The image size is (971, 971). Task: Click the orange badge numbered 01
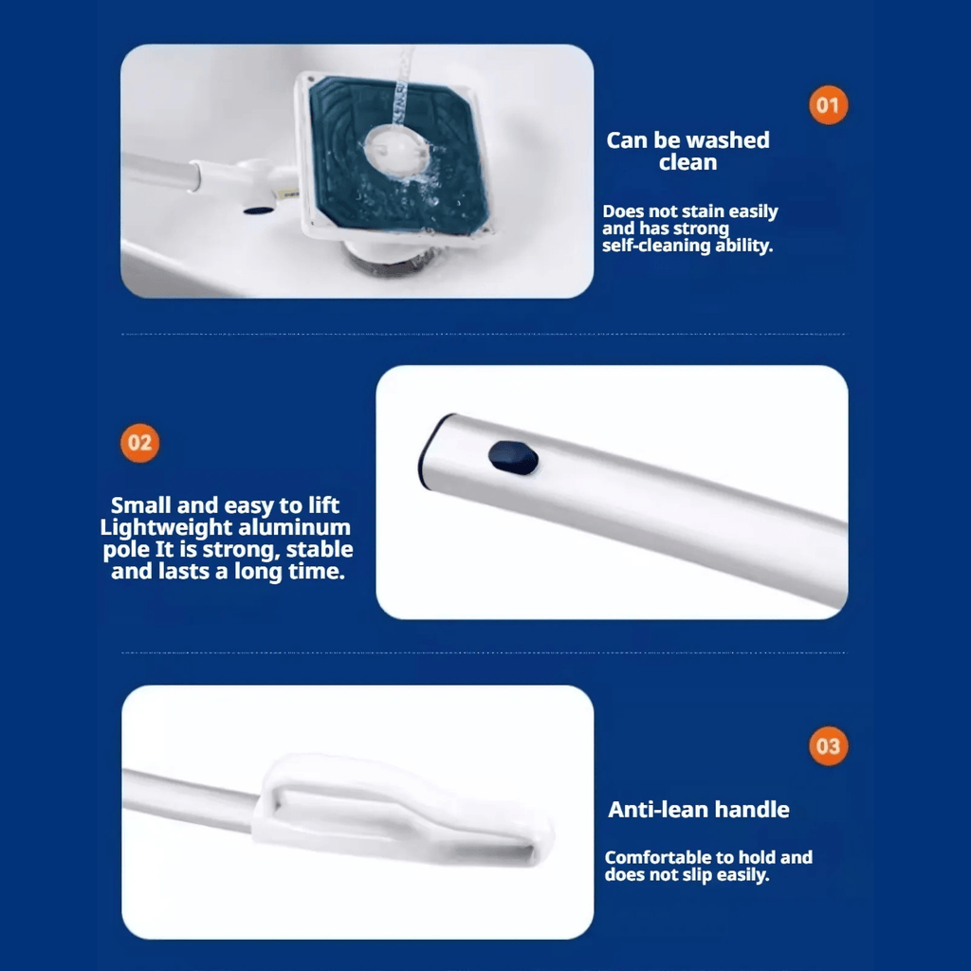828,104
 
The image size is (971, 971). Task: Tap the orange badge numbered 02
139,443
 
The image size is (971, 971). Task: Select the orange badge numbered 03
828,746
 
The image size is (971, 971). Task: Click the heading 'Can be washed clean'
688,151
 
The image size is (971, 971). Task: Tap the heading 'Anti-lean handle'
699,809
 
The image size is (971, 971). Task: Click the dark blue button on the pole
513,457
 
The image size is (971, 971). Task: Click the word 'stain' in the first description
705,211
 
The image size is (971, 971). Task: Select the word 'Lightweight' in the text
159,527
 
